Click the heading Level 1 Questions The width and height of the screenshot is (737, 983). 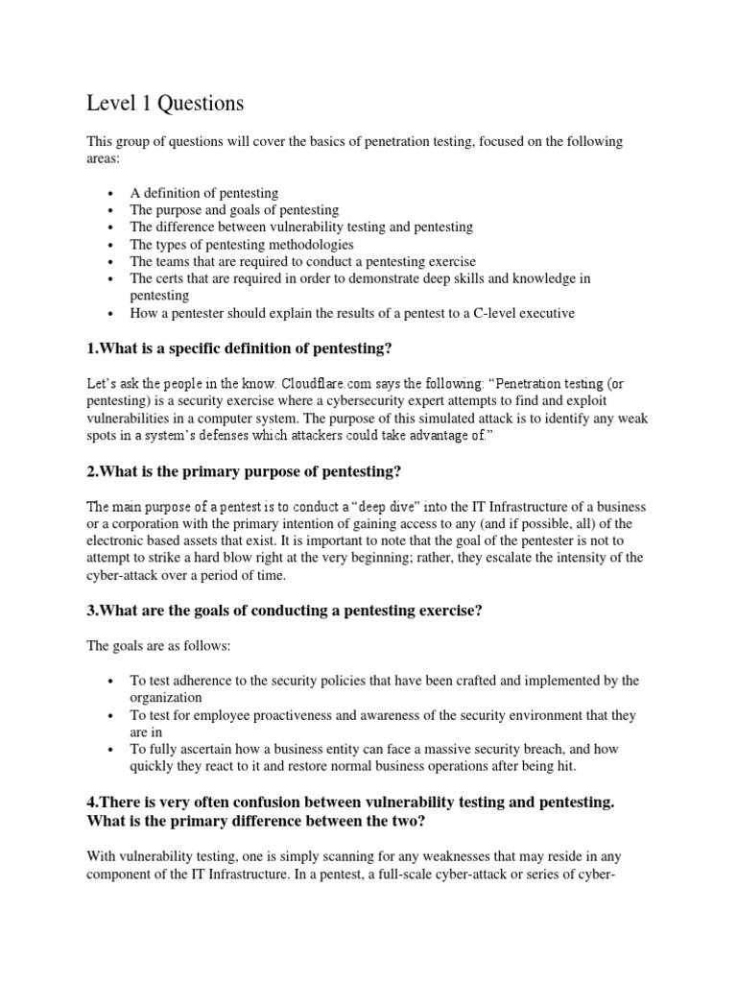pyautogui.click(x=165, y=103)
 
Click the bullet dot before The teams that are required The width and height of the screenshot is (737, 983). pyautogui.click(x=113, y=262)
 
